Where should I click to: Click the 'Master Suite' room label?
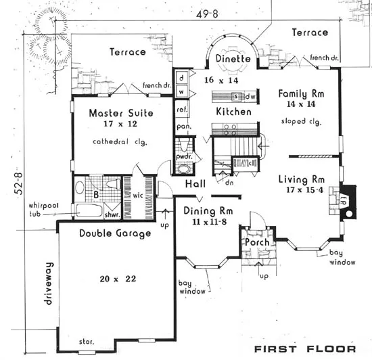point(121,113)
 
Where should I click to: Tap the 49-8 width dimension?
point(207,14)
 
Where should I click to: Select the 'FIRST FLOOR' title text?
point(305,349)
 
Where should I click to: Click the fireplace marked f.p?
point(348,202)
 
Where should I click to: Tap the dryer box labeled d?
point(181,78)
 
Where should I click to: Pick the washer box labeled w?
point(181,91)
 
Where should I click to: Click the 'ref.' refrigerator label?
point(182,110)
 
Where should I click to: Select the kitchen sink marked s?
point(237,97)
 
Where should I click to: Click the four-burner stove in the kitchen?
point(230,130)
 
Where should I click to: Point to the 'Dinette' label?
point(233,59)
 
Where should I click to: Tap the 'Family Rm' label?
point(301,93)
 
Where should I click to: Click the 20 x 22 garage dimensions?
point(118,278)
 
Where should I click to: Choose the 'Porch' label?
point(257,242)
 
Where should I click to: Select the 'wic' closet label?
point(138,196)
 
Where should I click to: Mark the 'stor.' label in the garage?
point(87,342)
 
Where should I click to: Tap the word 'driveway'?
point(48,284)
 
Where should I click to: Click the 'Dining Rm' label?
point(208,210)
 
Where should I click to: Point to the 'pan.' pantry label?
point(184,127)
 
